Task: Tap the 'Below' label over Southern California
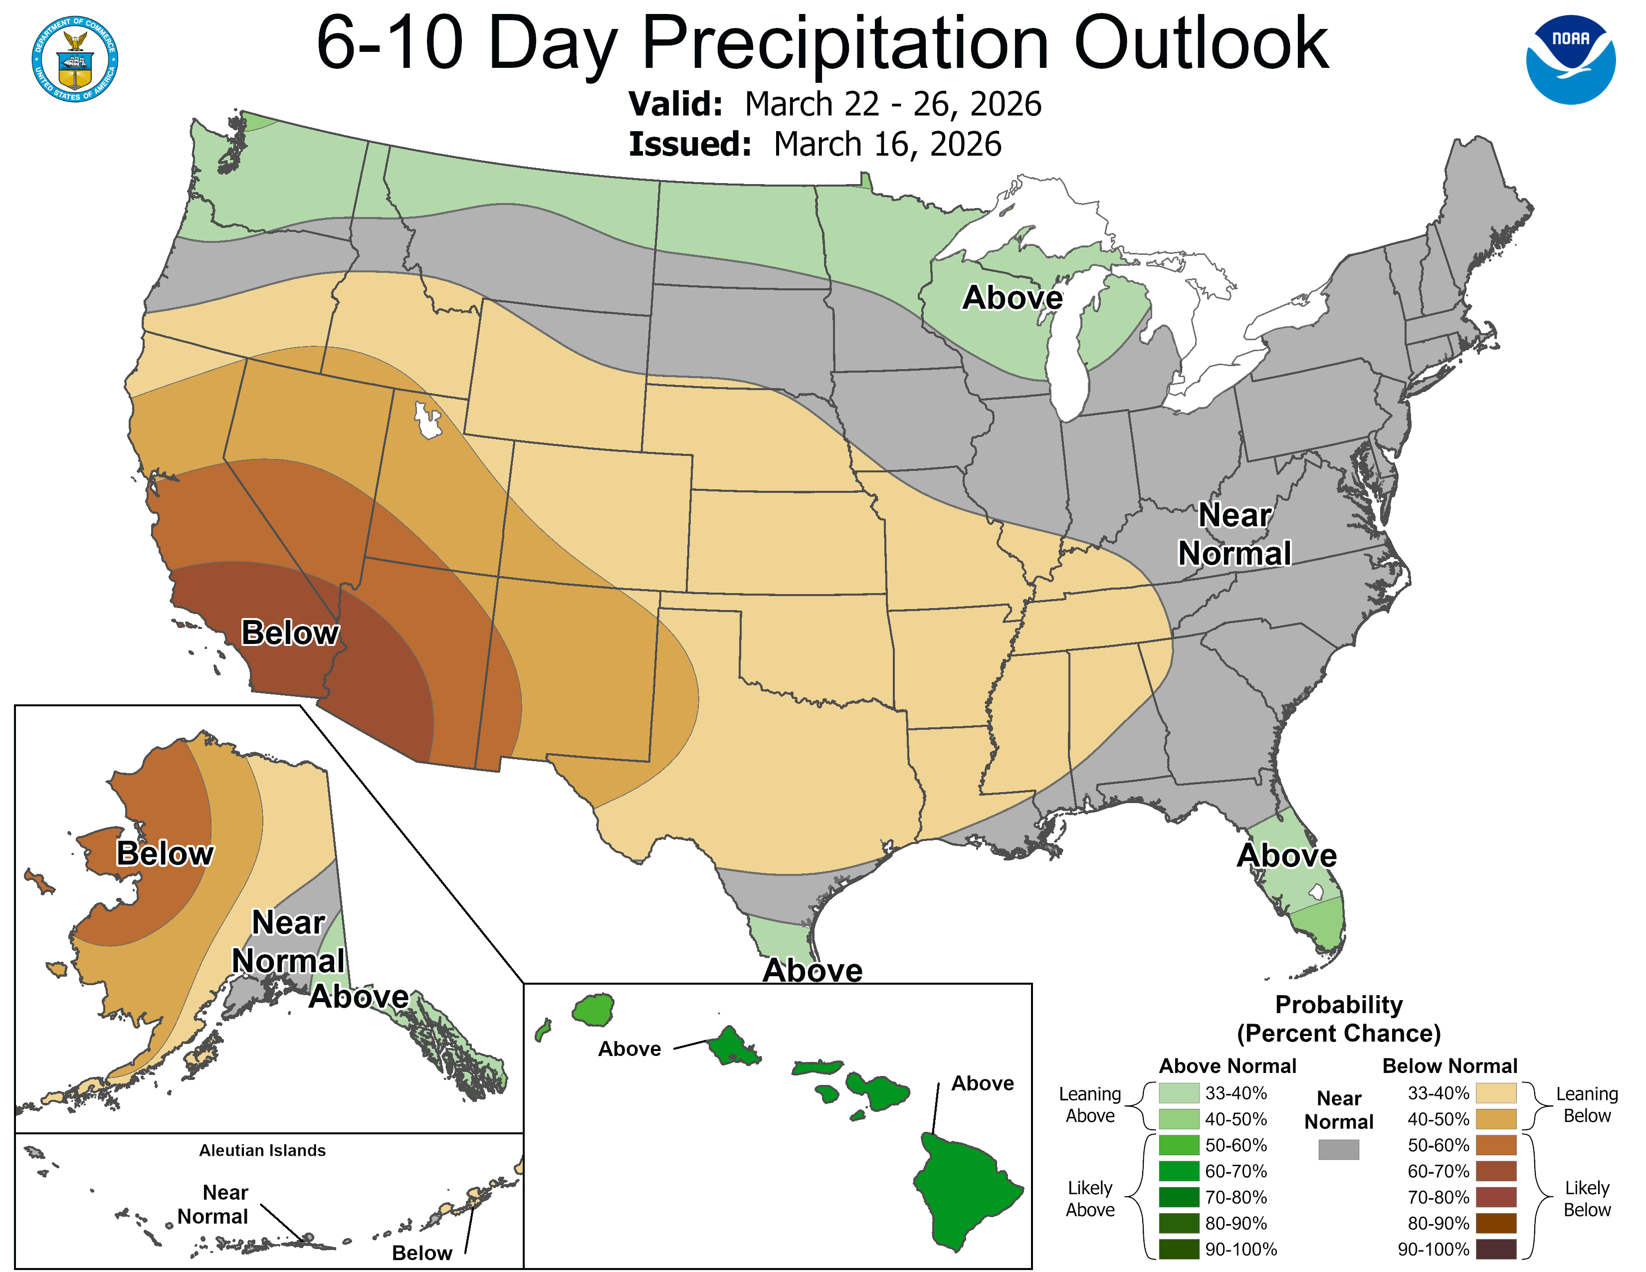tap(289, 633)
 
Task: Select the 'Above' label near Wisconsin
tap(1012, 298)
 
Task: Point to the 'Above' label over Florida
tap(1286, 855)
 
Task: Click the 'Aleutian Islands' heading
tap(262, 1150)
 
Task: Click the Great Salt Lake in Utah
tap(426, 421)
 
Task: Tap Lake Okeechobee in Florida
tap(1316, 891)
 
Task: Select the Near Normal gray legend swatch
tap(1339, 1149)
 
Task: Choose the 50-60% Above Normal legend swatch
tap(1179, 1145)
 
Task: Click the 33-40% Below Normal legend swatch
tap(1495, 1092)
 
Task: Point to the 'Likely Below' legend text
tap(1587, 1198)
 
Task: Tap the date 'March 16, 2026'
tap(887, 144)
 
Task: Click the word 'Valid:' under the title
tap(675, 104)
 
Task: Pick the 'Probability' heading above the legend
tap(1339, 1005)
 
